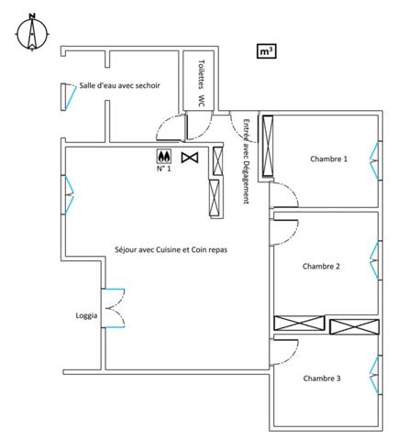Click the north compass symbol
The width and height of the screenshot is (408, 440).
tap(32, 32)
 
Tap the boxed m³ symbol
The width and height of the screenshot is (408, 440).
tap(266, 51)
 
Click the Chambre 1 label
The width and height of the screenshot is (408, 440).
tap(329, 159)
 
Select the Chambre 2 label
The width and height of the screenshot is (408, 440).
tap(321, 267)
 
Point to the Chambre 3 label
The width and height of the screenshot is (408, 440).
tap(322, 379)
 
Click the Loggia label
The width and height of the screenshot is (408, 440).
tap(86, 316)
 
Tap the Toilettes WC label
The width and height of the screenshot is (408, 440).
tap(201, 83)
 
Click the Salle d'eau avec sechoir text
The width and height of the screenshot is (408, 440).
tap(120, 85)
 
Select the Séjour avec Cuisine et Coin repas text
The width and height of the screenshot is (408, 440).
tap(171, 250)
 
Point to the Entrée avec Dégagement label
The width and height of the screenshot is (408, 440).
tap(247, 161)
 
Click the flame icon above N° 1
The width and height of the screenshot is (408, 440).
tap(164, 157)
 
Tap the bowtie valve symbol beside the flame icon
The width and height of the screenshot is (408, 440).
tap(190, 158)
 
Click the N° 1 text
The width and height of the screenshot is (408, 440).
tap(164, 169)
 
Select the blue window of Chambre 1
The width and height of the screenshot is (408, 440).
tap(375, 160)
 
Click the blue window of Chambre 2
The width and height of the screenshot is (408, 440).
tap(375, 260)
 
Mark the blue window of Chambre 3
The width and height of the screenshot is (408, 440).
tap(375, 375)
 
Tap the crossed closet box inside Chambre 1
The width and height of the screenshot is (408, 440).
tap(268, 146)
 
